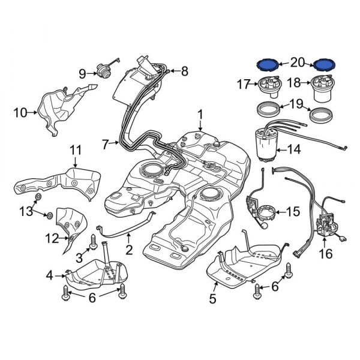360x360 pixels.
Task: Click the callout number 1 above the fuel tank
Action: pyautogui.click(x=200, y=113)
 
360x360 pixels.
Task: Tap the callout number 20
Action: pyautogui.click(x=298, y=62)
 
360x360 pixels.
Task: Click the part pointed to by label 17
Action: pyautogui.click(x=274, y=87)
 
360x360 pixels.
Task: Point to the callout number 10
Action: pyautogui.click(x=19, y=111)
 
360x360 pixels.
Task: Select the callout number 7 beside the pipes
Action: pyautogui.click(x=106, y=145)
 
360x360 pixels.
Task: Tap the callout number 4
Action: pyautogui.click(x=50, y=275)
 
